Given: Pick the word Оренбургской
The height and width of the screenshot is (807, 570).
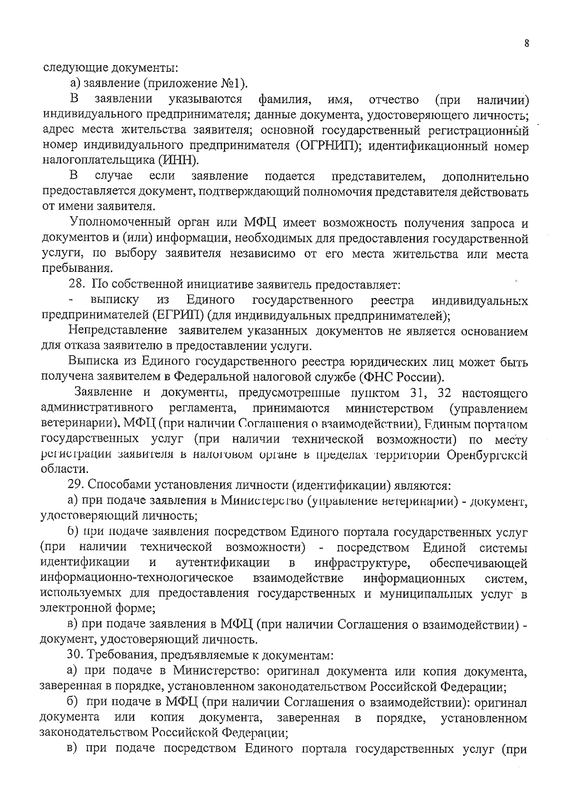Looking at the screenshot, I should pos(487,455).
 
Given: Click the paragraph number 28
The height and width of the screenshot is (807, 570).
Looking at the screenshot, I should pos(77,285).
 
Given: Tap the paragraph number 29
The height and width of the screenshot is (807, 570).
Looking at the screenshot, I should pos(76,486).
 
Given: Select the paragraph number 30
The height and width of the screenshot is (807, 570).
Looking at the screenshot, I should pos(76,655).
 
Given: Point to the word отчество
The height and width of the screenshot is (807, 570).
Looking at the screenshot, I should pos(394,100).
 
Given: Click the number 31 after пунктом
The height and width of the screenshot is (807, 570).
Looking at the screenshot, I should pos(417,394).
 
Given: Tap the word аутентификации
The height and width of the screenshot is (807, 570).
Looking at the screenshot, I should pos(223,563).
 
